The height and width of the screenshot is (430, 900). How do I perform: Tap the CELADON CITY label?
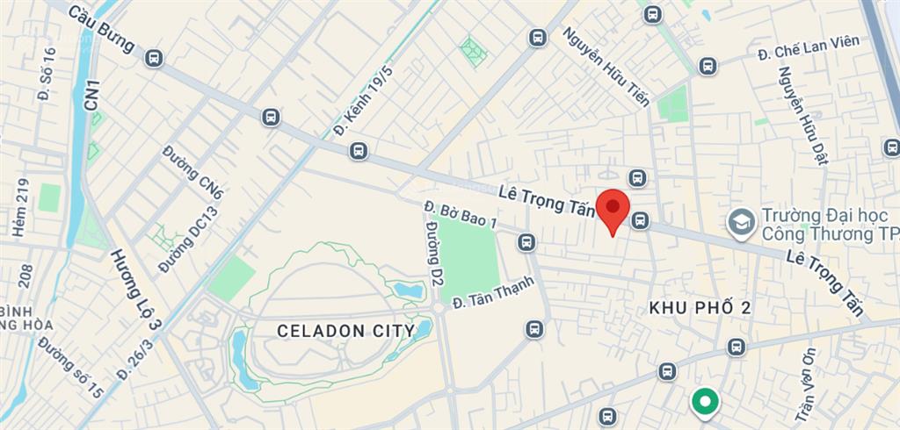345,331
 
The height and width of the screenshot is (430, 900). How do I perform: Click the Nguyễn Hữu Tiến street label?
606,66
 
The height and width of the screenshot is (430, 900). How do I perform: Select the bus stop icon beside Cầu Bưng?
155,59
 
